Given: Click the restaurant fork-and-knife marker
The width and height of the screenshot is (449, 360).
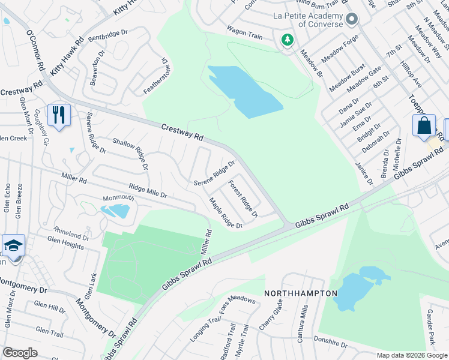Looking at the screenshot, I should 59,115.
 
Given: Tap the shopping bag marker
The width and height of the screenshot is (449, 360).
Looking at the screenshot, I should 424,126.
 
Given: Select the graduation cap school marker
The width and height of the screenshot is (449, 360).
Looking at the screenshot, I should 13,246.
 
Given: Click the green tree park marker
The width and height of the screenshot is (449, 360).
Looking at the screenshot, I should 288,40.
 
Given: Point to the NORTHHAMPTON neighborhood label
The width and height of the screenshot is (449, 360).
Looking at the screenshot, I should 300,293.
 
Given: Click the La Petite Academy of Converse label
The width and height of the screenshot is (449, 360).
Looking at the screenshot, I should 308,20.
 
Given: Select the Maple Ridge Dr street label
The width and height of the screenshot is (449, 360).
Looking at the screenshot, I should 225,213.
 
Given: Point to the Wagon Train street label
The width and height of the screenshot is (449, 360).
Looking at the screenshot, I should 244,32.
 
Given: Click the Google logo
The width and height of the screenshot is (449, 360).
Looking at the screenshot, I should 20,353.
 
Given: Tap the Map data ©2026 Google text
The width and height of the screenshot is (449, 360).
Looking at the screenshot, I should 411,355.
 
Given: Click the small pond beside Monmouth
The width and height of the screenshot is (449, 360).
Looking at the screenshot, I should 115,211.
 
